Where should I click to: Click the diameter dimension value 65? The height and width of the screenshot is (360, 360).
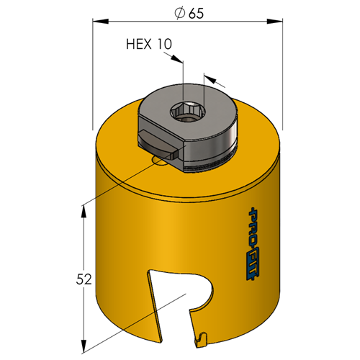click(196, 14)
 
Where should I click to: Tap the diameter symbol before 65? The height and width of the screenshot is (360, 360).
click(180, 13)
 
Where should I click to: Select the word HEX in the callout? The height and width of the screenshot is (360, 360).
click(139, 44)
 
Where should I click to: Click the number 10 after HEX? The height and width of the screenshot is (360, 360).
click(165, 44)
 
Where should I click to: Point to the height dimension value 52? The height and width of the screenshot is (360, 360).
click(84, 279)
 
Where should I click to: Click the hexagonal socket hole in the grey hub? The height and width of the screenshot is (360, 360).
click(188, 111)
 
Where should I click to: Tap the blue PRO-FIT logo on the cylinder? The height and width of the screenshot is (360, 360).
click(253, 243)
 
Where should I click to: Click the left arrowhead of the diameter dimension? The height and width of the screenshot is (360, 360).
click(101, 22)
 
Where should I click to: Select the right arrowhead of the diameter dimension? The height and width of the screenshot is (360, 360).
click(274, 22)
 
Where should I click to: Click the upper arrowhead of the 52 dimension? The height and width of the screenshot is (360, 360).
click(84, 212)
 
